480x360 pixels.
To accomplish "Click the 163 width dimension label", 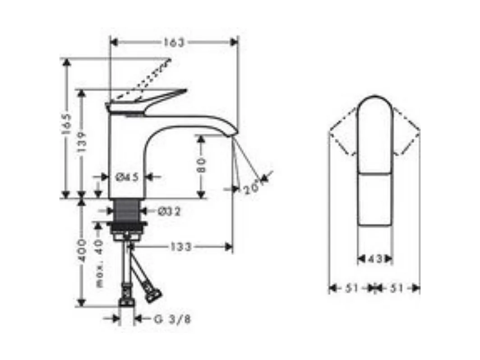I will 174,43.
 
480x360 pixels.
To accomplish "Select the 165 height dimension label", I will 67,124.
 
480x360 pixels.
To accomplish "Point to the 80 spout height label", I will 201,165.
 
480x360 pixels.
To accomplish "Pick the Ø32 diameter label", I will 169,211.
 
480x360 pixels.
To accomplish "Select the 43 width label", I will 375,259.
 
